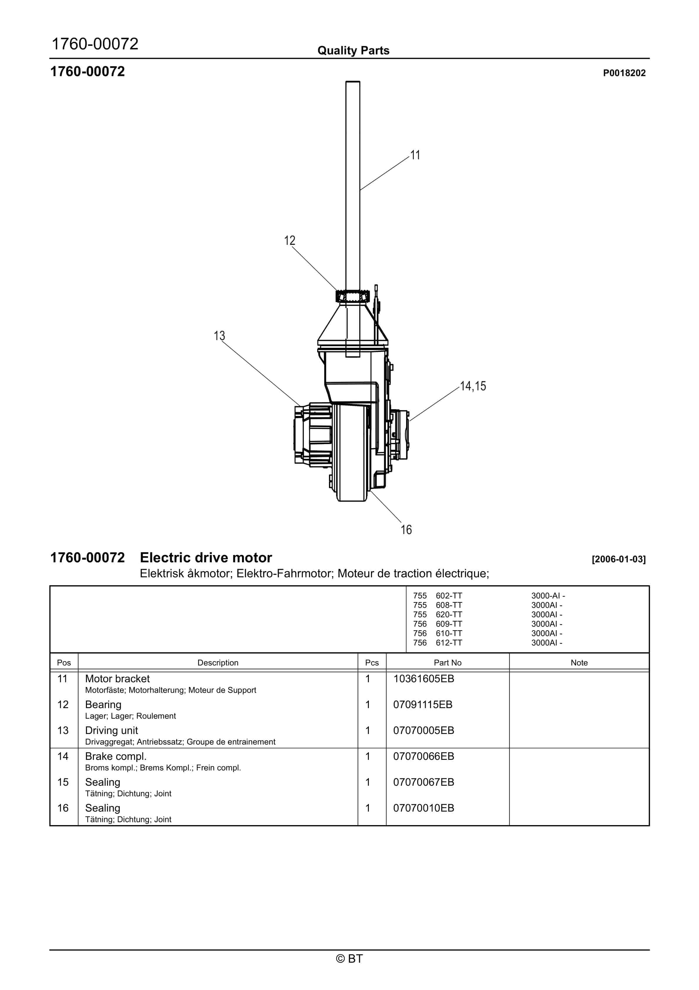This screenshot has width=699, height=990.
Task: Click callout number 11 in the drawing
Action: (x=415, y=155)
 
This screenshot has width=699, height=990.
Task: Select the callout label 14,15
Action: (x=473, y=386)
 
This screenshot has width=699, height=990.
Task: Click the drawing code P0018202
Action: (x=624, y=73)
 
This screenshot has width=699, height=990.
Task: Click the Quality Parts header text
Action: (x=353, y=51)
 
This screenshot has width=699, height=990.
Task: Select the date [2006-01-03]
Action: (x=619, y=559)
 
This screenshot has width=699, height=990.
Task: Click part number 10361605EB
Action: (x=423, y=679)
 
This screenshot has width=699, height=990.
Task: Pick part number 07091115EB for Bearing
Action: (x=422, y=705)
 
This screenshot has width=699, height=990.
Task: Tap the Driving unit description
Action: (x=111, y=730)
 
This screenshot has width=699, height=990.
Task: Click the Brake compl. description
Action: (x=115, y=756)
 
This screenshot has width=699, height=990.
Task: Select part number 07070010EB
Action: (x=423, y=808)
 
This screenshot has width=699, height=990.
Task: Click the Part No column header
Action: (x=447, y=663)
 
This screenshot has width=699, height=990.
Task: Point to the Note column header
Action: (x=579, y=663)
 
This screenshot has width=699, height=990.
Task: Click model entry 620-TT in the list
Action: (x=448, y=614)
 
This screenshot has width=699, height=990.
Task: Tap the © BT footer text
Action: (x=349, y=959)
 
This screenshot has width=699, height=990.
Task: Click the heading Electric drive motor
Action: (x=206, y=558)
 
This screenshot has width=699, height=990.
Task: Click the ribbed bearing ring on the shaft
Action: (x=352, y=297)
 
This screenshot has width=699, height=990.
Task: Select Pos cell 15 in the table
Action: (x=63, y=782)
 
